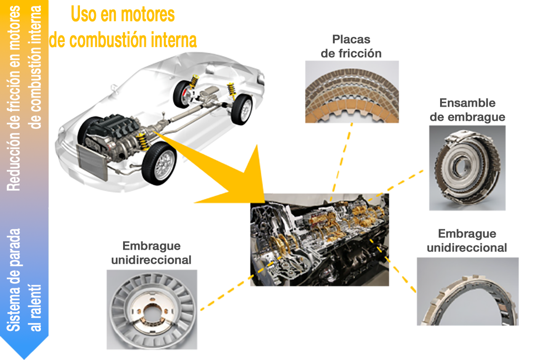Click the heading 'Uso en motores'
click(123, 15)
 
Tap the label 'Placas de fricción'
click(351, 46)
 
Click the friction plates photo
click(352, 92)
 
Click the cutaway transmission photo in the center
click(320, 240)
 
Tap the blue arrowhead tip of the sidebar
click(24, 354)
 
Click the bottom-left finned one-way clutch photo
click(152, 310)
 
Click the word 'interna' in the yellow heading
click(173, 40)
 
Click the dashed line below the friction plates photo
click(342, 161)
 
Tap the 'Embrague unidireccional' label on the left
click(151, 253)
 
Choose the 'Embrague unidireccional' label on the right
click(467, 241)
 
